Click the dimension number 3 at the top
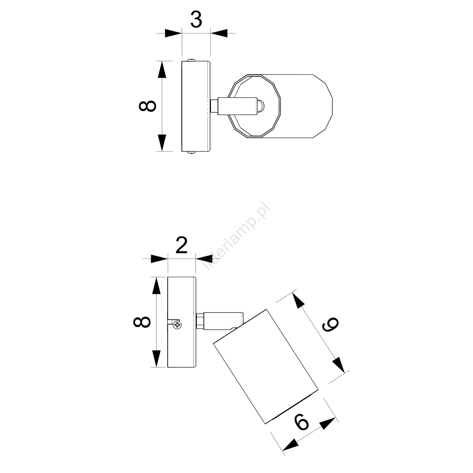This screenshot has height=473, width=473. coord(196,20)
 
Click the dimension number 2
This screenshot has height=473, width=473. coord(182,245)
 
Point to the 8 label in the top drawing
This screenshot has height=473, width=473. coord(147,106)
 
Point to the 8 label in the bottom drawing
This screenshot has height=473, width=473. coord(142,322)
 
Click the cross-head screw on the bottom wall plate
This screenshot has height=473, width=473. coord(178,324)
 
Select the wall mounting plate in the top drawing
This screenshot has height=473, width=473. coord(196,106)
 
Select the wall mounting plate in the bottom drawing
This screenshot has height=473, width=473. coord(182,322)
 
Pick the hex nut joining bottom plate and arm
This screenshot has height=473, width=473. coord(200,321)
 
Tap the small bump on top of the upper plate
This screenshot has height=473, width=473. coord(191,59)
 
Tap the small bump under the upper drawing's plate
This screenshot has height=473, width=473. coord(191,153)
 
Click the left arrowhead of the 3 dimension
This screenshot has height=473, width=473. coord(173,33)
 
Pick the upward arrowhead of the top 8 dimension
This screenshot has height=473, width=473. coord(162,69)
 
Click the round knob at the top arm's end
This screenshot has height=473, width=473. coord(260,106)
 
